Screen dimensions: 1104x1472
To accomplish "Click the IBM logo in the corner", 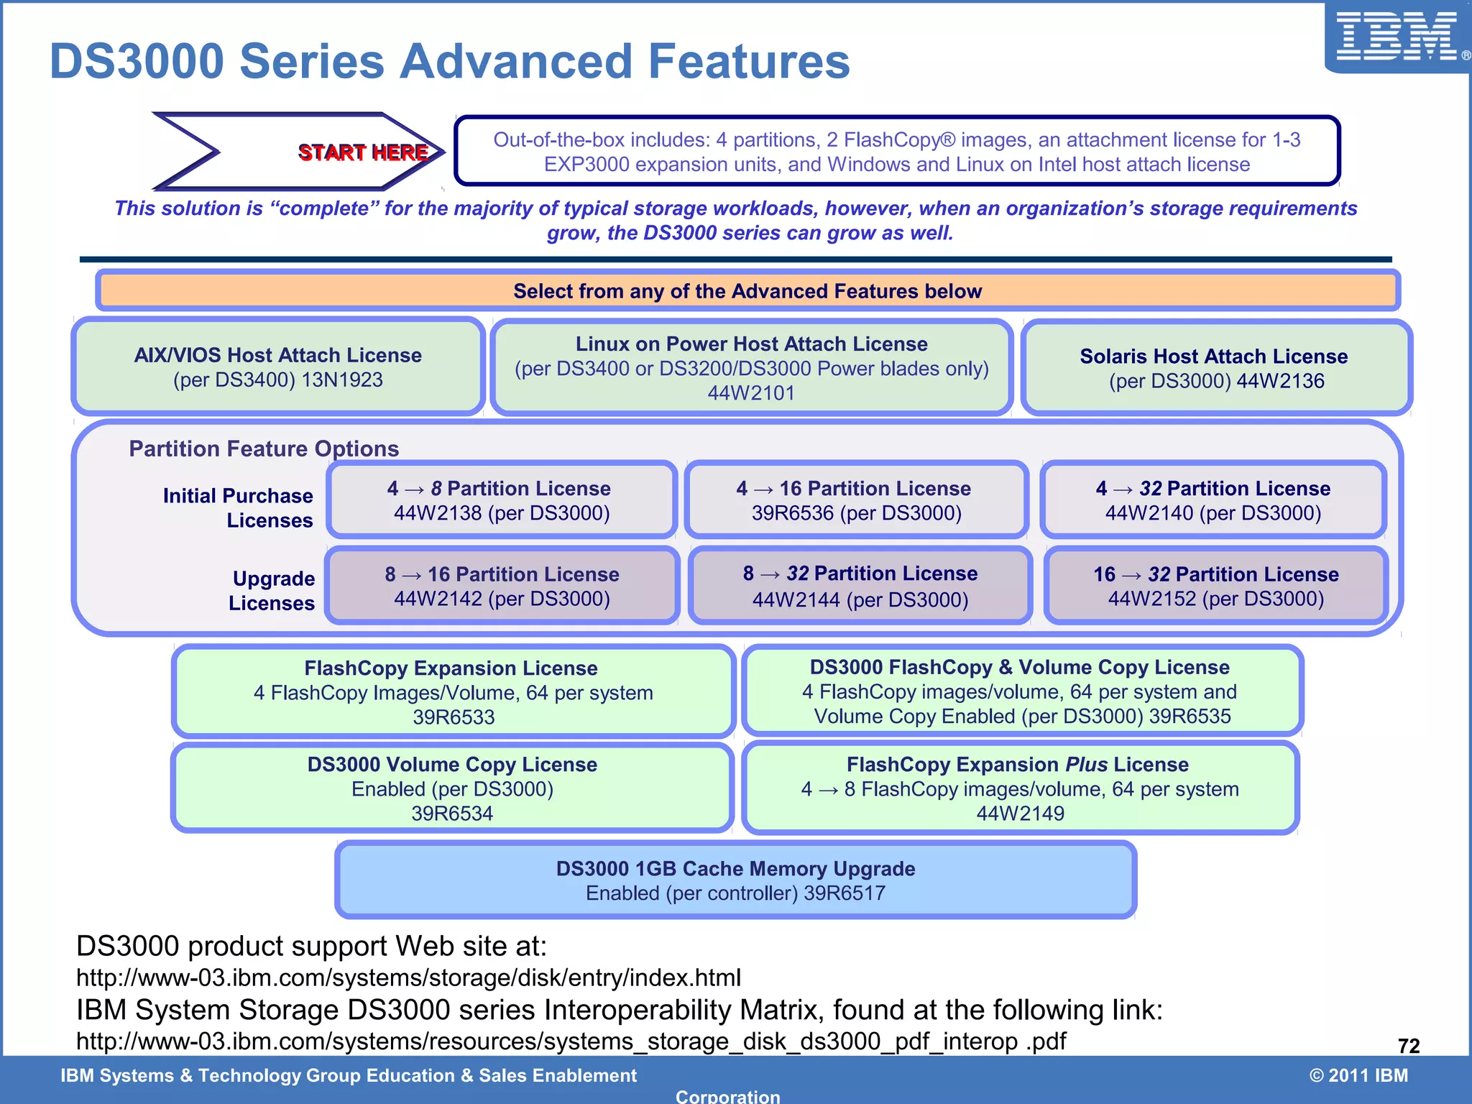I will (x=1396, y=37).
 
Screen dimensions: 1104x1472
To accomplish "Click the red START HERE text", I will (x=363, y=152).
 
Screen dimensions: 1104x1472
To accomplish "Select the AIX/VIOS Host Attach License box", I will (x=277, y=367).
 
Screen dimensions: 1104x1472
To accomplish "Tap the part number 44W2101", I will (x=751, y=393).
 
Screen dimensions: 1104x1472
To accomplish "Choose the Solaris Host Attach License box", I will (x=1215, y=368).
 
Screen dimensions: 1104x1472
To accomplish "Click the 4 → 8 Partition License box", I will (x=501, y=500).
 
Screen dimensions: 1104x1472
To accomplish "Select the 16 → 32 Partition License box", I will (x=1215, y=586).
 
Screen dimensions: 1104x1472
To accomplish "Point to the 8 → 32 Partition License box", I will (x=860, y=586).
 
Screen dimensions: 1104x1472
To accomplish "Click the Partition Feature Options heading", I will (x=264, y=448).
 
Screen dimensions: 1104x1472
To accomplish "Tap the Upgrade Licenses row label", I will (x=272, y=591).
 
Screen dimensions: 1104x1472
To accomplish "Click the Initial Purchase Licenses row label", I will (x=239, y=507).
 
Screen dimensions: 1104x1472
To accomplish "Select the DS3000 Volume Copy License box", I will (x=452, y=788).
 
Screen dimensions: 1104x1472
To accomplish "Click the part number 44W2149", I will (x=1020, y=814).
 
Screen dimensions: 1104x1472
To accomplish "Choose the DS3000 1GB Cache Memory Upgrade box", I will (x=735, y=880).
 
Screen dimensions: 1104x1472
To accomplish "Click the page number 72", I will (x=1408, y=1046).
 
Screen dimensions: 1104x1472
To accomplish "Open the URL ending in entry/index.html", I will (x=408, y=977).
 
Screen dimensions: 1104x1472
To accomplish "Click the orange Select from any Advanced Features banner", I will (x=747, y=290).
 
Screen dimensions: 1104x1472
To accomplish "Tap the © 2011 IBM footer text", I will (x=1358, y=1075).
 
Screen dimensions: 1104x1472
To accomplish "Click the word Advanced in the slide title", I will (x=515, y=61).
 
